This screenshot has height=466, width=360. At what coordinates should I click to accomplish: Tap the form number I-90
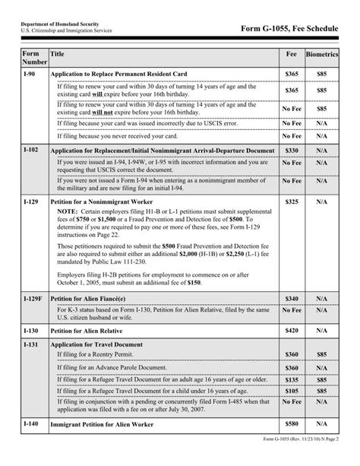pyautogui.click(x=30, y=74)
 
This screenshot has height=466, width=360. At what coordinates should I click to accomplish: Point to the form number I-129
pyautogui.click(x=31, y=203)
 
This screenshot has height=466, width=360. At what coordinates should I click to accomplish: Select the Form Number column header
pyautogui.click(x=31, y=58)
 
